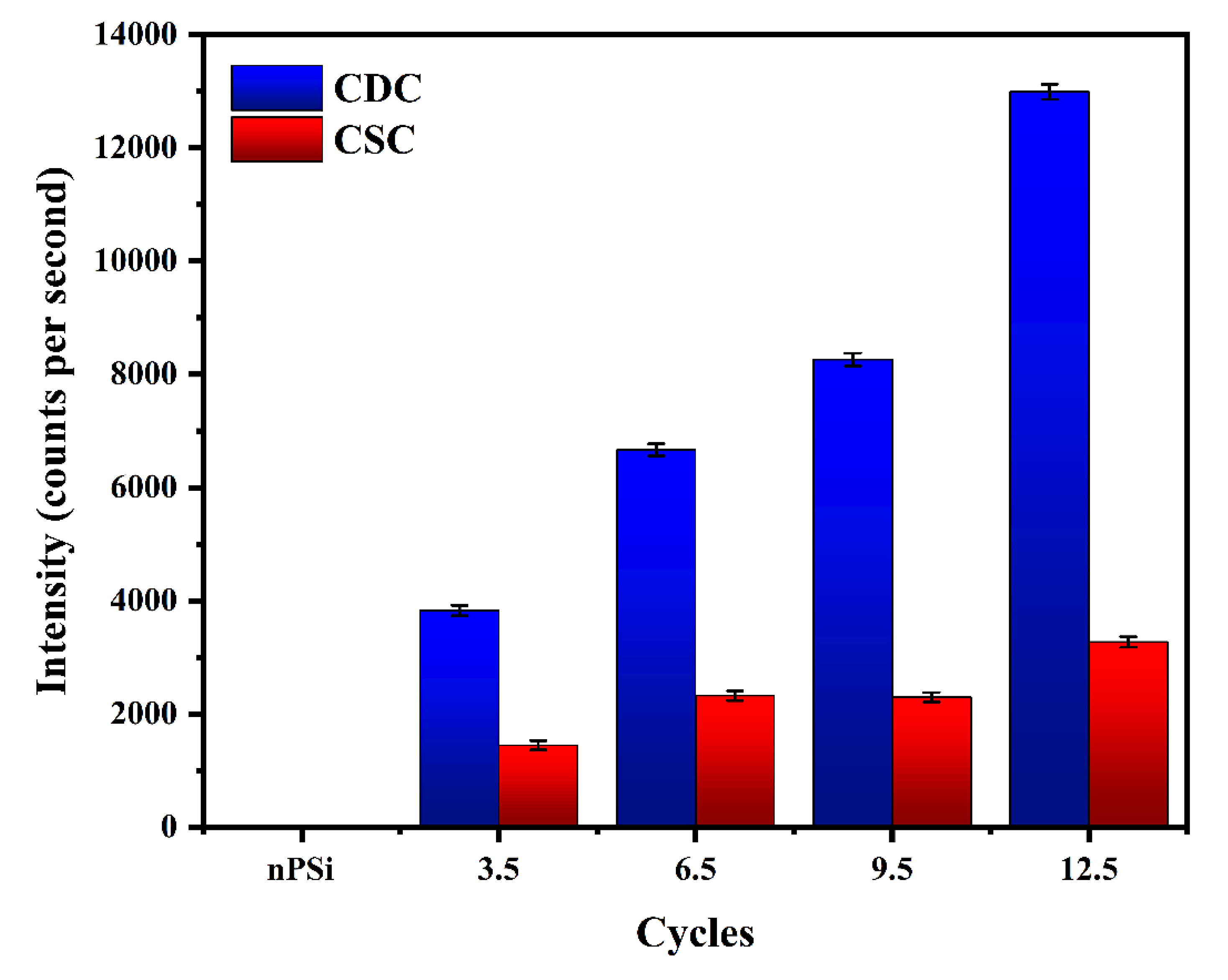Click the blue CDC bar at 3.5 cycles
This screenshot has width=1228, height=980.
pyautogui.click(x=459, y=717)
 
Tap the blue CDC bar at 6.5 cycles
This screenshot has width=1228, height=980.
pyautogui.click(x=655, y=638)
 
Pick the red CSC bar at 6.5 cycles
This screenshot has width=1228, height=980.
pyautogui.click(x=735, y=760)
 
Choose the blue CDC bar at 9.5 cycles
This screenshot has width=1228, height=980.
pyautogui.click(x=853, y=592)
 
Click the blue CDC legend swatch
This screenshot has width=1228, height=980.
pyautogui.click(x=277, y=88)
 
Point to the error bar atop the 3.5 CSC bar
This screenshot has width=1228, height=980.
pyautogui.click(x=538, y=745)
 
